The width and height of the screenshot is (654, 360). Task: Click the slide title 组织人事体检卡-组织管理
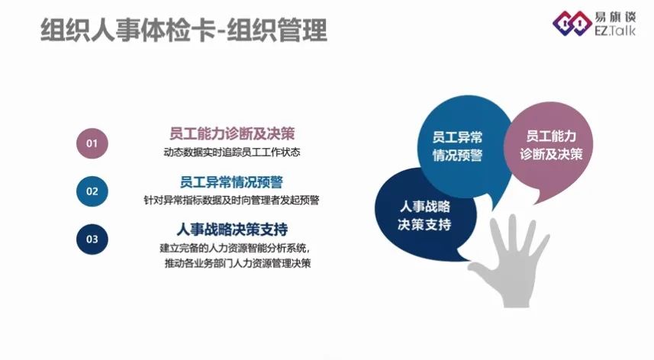coord(183,30)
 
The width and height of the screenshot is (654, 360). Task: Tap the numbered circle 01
coord(92,143)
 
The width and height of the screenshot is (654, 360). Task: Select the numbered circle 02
coord(92,191)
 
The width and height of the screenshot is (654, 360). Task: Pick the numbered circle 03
coord(92,239)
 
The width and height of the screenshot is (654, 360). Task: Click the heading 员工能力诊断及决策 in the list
coord(232,133)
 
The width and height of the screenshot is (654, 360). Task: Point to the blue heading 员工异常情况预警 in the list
coord(231,182)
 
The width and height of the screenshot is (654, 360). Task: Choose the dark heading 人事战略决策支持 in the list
coord(232,230)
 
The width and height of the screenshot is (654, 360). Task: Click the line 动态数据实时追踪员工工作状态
coord(232,153)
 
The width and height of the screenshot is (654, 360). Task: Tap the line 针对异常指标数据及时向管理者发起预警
coord(231,201)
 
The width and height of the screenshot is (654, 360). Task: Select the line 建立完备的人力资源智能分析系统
coord(235,249)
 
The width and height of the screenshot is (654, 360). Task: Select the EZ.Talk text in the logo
coord(615,30)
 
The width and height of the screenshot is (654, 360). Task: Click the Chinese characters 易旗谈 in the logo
coord(615,17)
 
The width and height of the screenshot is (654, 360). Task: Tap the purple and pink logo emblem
coord(572,23)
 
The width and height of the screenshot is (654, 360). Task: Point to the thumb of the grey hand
coord(480,271)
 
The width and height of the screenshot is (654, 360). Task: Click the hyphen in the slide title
coord(221,31)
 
